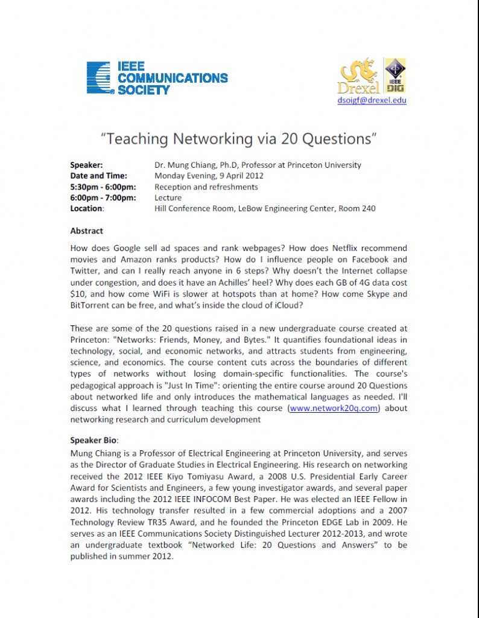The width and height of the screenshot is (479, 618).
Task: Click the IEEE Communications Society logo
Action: pyautogui.click(x=157, y=78)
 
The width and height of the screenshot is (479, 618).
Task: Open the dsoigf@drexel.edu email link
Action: pyautogui.click(x=372, y=100)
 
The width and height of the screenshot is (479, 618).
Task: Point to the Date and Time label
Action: pyautogui.click(x=98, y=176)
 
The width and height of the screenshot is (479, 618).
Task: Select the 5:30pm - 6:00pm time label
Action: pyautogui.click(x=103, y=186)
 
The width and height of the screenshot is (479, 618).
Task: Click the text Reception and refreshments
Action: pyautogui.click(x=206, y=186)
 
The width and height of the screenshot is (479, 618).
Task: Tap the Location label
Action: pyautogui.click(x=87, y=208)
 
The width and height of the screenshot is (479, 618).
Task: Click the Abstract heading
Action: pyautogui.click(x=86, y=231)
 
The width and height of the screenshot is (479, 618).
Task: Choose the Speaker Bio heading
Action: pyautogui.click(x=94, y=440)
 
